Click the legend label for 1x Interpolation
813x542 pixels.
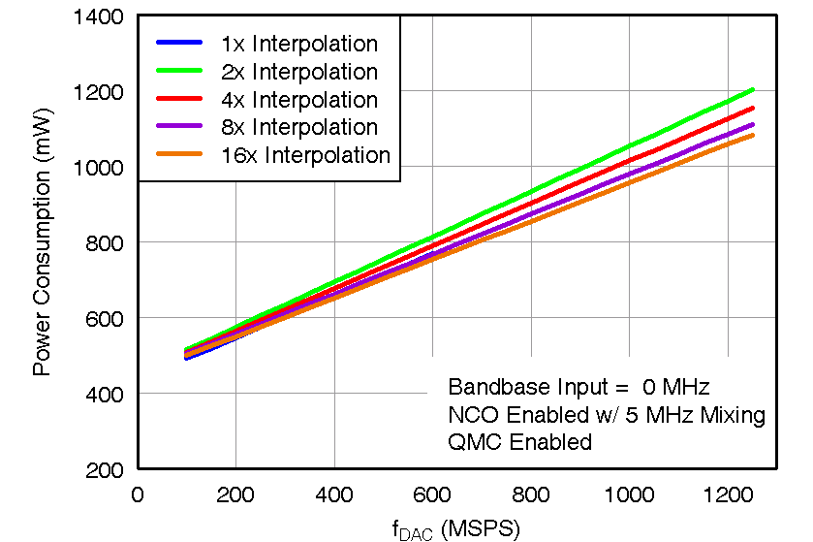coord(298,44)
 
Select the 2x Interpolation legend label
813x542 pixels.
coord(298,72)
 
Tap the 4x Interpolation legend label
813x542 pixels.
coord(298,100)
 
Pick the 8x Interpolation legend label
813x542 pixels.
coord(298,127)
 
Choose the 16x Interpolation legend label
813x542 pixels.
coord(305,155)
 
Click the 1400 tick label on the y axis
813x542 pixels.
coord(101,16)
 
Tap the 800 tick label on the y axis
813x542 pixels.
coord(106,242)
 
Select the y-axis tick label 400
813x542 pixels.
coord(106,394)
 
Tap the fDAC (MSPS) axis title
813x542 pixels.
coord(456,528)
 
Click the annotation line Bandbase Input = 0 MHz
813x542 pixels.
coord(579,387)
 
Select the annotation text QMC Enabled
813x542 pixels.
coord(519,443)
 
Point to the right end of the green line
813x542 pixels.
coord(753,90)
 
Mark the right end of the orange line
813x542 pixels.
coord(753,135)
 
